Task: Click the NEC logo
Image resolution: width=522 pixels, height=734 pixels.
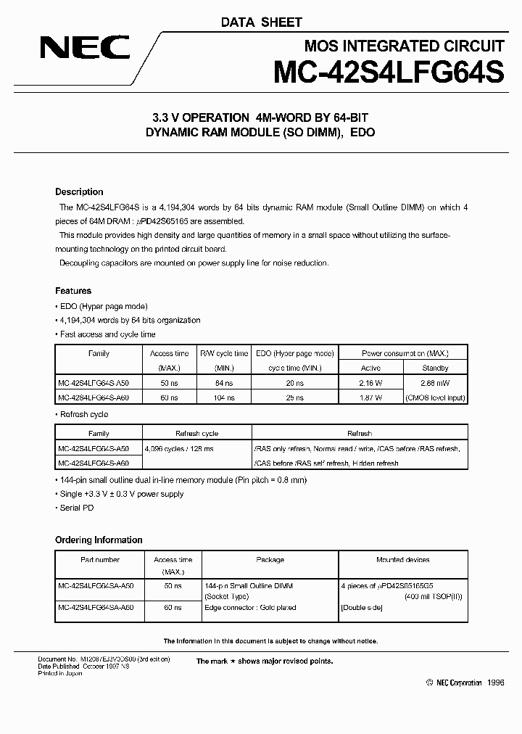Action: click(85, 49)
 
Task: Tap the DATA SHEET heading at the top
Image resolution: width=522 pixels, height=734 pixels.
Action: click(261, 22)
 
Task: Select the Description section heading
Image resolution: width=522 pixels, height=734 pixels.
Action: click(79, 192)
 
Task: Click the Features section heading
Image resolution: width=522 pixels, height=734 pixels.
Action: click(73, 291)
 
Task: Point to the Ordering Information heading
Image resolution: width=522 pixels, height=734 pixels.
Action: click(99, 540)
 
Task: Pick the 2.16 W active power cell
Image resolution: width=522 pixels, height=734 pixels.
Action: click(370, 382)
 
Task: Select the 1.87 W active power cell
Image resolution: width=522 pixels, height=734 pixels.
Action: click(370, 397)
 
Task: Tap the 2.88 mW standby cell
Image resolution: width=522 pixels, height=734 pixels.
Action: click(435, 382)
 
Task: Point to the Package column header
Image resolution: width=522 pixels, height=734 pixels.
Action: click(270, 560)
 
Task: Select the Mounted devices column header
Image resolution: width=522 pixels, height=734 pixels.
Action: click(402, 560)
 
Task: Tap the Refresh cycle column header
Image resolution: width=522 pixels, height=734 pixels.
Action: click(196, 433)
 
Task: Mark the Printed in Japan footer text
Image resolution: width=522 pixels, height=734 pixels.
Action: click(60, 674)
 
